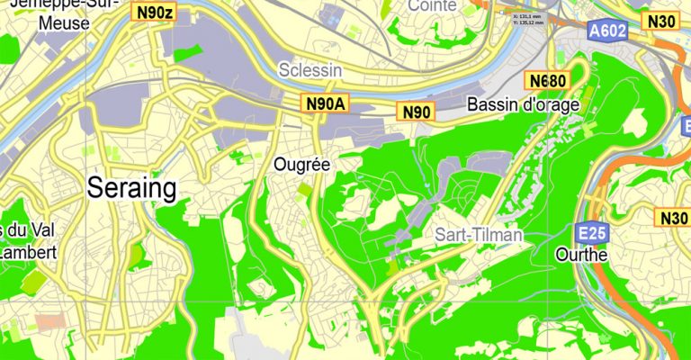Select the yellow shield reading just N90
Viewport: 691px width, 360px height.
pos(417,112)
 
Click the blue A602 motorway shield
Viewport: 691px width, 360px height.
pos(608,31)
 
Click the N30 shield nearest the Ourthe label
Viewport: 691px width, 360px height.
pos(674,218)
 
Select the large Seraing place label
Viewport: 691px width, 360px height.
pos(131,187)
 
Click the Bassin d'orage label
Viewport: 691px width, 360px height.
pos(524,105)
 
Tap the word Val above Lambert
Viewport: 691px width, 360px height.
pos(36,229)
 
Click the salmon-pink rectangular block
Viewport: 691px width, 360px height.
pos(50,320)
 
